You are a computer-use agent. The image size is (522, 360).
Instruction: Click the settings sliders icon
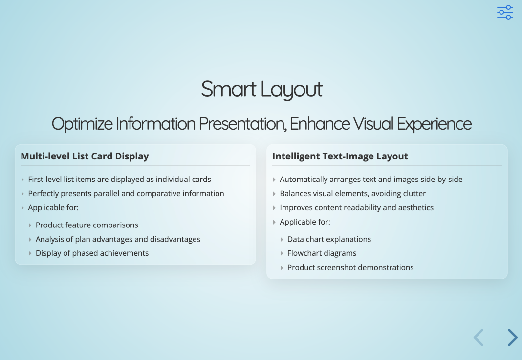pos(505,12)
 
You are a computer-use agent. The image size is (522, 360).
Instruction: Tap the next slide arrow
pos(512,337)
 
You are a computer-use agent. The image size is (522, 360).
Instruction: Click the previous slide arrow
pos(478,337)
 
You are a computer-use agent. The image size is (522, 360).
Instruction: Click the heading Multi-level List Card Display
pos(85,156)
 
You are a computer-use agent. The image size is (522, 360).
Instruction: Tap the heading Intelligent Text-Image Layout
pos(340,156)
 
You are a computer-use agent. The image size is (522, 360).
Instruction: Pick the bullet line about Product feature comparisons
pos(87,225)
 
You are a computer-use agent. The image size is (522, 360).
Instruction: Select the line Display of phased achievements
pos(92,253)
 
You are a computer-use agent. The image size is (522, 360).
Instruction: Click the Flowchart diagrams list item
pos(322,253)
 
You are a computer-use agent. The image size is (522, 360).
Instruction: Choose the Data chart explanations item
pos(329,239)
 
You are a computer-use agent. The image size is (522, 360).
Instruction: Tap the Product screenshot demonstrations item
pos(350,268)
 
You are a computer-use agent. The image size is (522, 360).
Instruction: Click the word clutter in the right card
pos(413,194)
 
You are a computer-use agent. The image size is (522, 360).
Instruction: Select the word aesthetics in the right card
pos(415,208)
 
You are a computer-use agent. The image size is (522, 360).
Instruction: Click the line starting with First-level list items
pos(119,180)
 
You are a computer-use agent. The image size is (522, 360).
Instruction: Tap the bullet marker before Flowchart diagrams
pos(282,253)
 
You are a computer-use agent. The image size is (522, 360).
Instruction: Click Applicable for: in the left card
pos(53,208)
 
